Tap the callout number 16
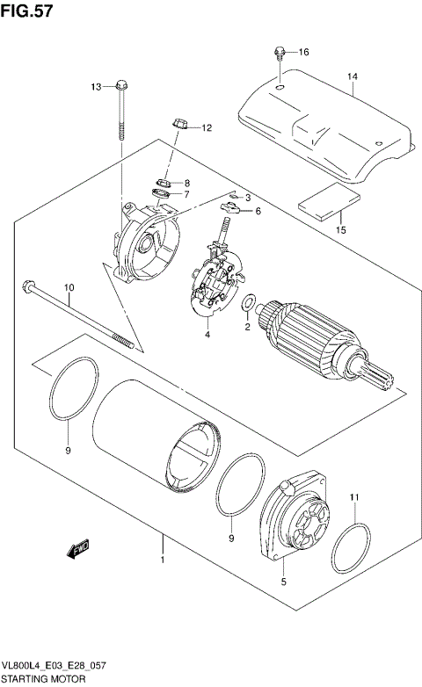[x=303, y=52]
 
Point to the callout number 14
[x=352, y=77]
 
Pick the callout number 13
[x=98, y=85]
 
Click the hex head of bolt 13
[x=120, y=86]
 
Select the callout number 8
[x=186, y=182]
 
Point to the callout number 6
[x=258, y=211]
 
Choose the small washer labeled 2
[x=250, y=305]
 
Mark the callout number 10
[x=69, y=287]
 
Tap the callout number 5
[x=284, y=581]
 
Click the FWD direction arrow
[x=78, y=548]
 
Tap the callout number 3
[x=248, y=197]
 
